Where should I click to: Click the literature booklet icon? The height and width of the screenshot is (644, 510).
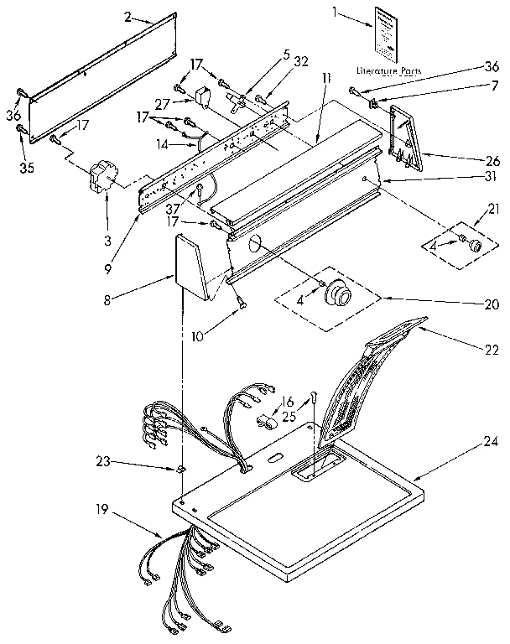coord(387,32)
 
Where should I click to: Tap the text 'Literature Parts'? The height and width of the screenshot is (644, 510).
coord(387,70)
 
